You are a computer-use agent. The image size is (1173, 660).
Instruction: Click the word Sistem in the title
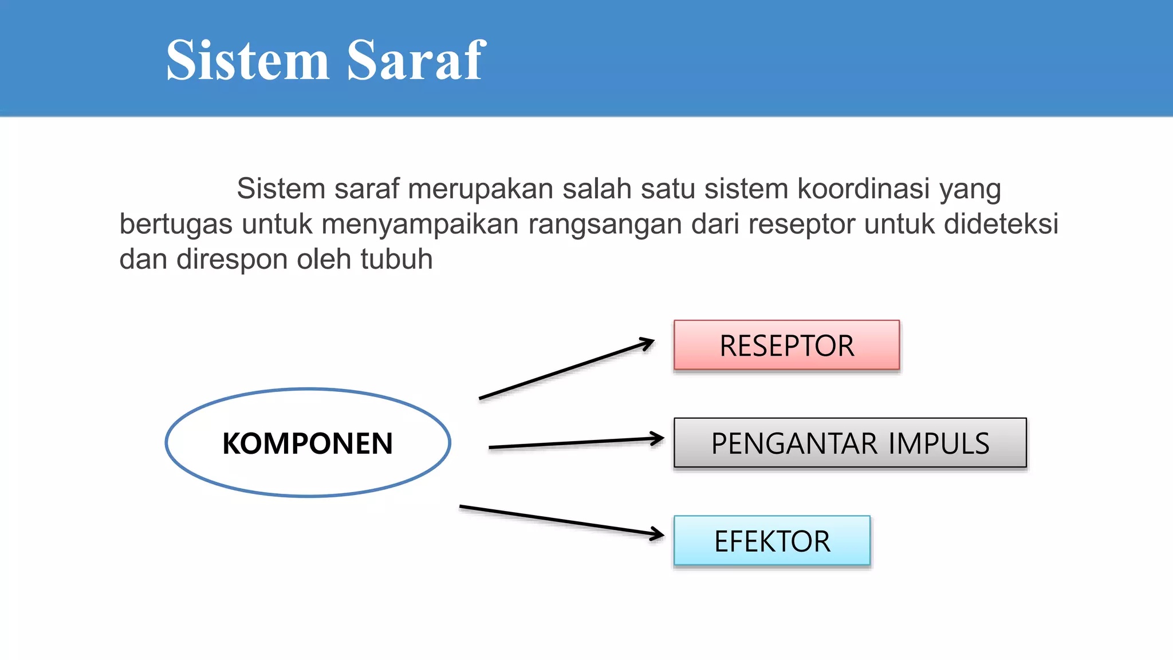(x=247, y=60)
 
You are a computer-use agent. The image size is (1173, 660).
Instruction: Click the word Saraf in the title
(x=416, y=60)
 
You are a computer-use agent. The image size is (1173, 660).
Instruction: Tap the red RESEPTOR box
(x=786, y=345)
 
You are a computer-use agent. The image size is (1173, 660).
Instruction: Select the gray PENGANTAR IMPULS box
(x=850, y=443)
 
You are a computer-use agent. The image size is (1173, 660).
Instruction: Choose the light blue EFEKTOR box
(x=771, y=541)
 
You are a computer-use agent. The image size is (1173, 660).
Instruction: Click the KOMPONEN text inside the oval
(x=308, y=443)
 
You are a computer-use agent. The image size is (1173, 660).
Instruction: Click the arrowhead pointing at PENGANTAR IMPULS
(x=658, y=439)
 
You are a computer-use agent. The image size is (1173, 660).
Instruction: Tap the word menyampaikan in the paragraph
(x=420, y=224)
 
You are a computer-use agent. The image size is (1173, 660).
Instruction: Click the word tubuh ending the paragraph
(x=396, y=259)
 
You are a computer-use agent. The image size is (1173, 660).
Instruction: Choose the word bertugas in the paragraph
(x=175, y=224)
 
